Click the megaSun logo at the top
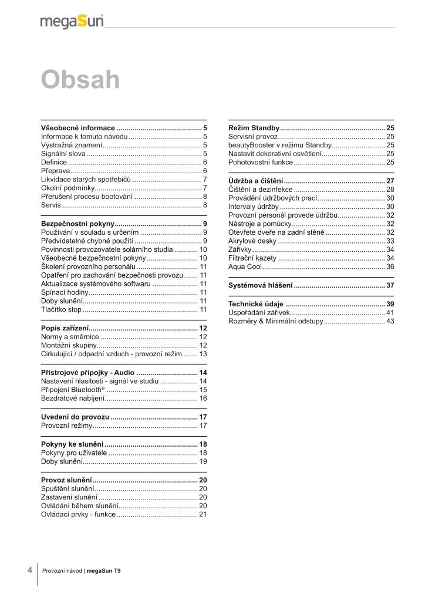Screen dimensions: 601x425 tap(72, 22)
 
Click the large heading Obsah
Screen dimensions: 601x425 tap(80, 80)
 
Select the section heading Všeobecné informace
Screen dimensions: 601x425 tap(78, 127)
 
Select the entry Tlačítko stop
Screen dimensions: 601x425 tap(62, 309)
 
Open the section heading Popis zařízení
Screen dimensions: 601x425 tap(65, 328)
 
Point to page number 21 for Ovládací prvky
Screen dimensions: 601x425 tap(203, 514)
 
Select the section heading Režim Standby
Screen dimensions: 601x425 tap(254, 127)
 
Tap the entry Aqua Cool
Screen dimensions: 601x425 tap(245, 266)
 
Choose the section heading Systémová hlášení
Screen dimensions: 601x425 tap(260, 285)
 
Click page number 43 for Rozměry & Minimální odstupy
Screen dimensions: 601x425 tap(390, 322)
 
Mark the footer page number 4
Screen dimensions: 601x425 tap(29, 569)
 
